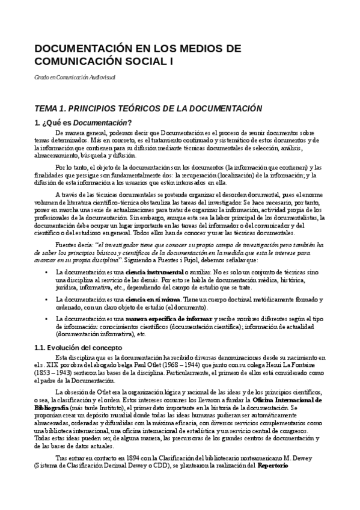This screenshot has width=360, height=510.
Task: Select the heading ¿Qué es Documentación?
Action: coord(86,122)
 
